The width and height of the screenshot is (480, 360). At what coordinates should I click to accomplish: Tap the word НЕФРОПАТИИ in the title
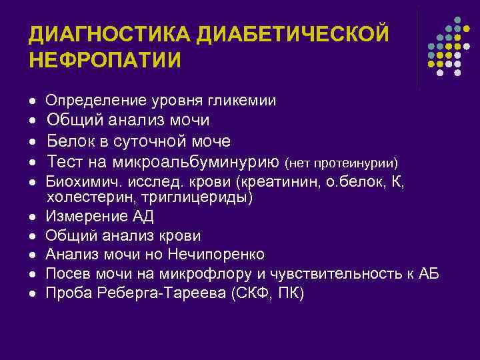105,60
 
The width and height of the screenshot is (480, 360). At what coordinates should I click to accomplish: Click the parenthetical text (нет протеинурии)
341,163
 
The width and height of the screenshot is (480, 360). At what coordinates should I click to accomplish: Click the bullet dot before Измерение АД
33,217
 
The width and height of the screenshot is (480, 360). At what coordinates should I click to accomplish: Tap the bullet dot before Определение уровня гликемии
33,102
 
